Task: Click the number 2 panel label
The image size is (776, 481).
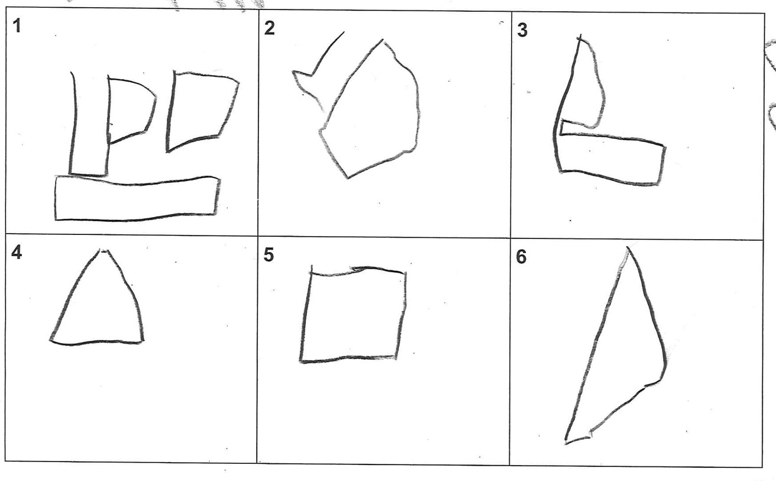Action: (x=269, y=28)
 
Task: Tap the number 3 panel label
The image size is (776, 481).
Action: (x=522, y=30)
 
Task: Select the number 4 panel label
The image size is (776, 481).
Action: (x=17, y=252)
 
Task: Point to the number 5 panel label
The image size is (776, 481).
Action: (x=269, y=255)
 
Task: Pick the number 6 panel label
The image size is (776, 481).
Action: (x=521, y=257)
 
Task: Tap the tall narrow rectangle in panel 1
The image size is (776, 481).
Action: (x=73, y=125)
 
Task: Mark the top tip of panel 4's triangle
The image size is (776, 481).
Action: (x=104, y=250)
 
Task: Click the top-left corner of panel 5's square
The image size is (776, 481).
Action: (x=311, y=272)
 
